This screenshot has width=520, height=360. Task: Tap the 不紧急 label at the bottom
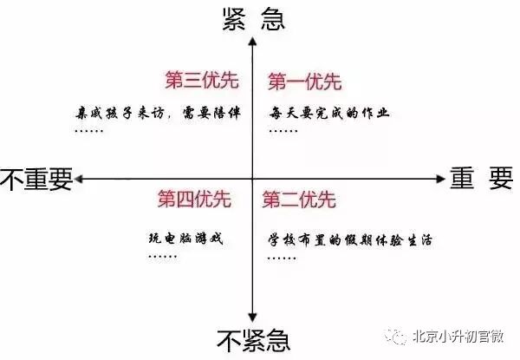(x=252, y=341)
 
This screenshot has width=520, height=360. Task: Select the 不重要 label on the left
(x=36, y=178)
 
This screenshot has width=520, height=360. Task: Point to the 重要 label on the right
(x=481, y=178)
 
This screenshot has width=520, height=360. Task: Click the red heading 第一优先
(x=303, y=82)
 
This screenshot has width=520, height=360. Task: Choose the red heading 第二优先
(x=297, y=200)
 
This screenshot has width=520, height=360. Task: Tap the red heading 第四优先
(x=194, y=200)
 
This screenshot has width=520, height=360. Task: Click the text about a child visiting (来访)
(x=153, y=112)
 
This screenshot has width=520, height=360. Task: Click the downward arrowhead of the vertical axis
(x=252, y=317)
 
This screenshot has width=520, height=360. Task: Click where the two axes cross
(x=252, y=179)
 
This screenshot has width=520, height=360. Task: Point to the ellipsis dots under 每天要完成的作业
(x=283, y=131)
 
